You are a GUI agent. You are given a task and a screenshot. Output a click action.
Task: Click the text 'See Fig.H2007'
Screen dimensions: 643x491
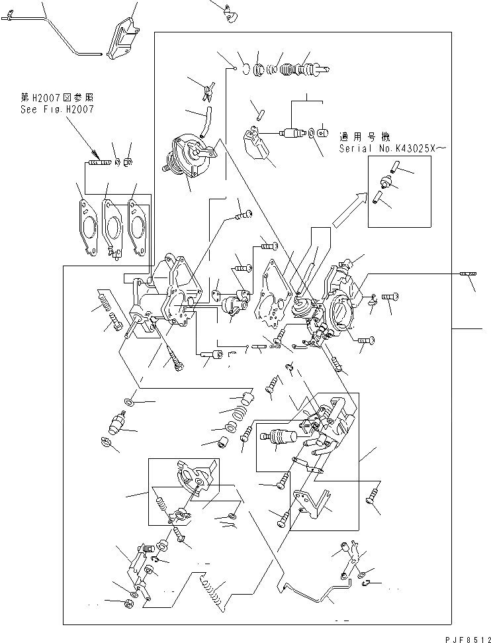click(56, 110)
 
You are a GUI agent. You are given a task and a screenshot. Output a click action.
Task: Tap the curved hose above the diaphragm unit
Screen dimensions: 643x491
click(204, 121)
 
